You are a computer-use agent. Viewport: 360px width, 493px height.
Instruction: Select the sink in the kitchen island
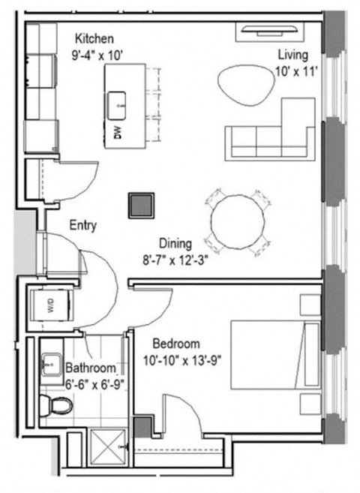(x=118, y=105)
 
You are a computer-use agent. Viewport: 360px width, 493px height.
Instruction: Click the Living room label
(x=292, y=55)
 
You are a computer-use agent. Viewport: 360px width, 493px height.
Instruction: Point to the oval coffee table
(x=244, y=83)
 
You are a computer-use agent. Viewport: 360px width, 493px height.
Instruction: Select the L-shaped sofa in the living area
(x=270, y=135)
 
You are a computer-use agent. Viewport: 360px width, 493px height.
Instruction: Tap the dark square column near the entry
(x=140, y=205)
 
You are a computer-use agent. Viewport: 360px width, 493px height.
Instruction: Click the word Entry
(x=82, y=225)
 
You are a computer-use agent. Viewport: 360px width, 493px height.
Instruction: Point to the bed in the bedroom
(x=274, y=354)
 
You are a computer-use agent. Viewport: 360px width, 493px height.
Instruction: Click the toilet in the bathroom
(x=57, y=406)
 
